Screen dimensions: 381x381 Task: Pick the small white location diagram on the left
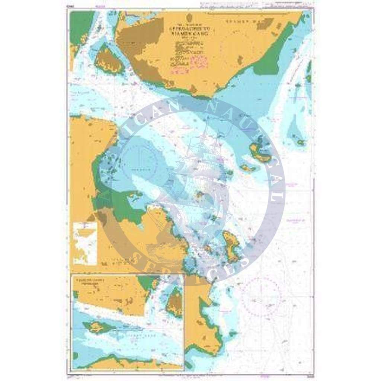(85, 244)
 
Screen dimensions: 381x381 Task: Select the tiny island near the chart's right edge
(301, 142)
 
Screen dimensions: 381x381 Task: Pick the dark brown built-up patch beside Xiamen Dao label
(265, 25)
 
